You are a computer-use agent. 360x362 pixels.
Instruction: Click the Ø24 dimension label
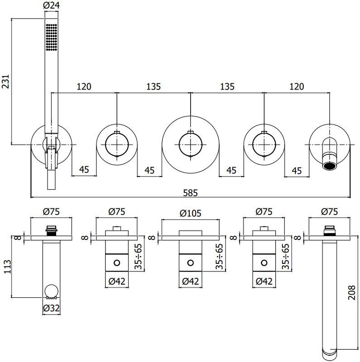(52, 5)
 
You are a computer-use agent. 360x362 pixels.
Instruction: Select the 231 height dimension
(6, 82)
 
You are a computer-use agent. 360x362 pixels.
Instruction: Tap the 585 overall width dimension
(190, 192)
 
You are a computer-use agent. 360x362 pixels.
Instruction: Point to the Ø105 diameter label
(191, 212)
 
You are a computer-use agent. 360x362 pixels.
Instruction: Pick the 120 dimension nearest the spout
(296, 86)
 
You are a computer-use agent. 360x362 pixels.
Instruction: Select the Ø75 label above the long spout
(330, 212)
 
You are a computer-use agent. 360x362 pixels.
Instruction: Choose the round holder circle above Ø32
(51, 290)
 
